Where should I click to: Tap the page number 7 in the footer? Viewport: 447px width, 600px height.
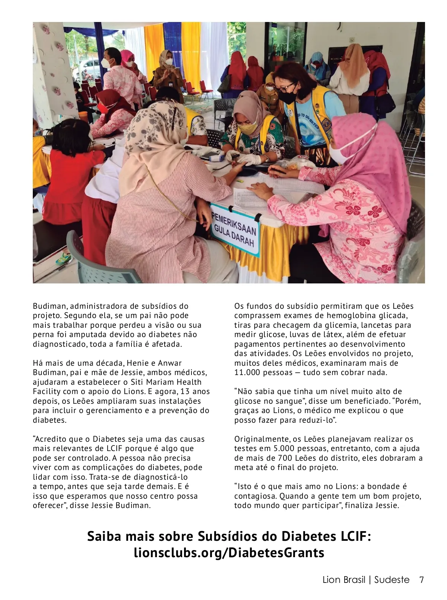click(x=421, y=580)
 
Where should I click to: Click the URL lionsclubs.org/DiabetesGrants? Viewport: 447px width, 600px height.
click(x=229, y=553)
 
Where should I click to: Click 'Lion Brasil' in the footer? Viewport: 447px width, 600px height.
click(x=344, y=580)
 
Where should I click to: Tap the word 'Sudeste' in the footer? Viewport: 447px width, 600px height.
click(x=392, y=580)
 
